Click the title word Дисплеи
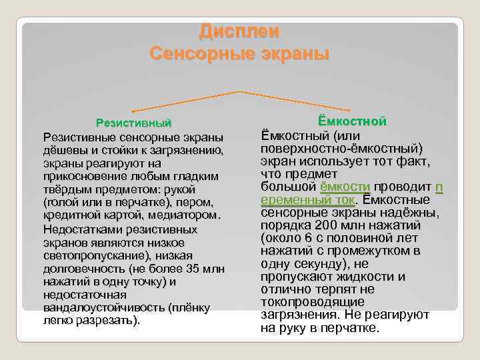click(x=239, y=31)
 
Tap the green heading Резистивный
click(x=134, y=123)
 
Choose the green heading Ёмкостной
click(x=353, y=121)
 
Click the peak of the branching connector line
click(x=239, y=91)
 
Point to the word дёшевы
click(x=63, y=150)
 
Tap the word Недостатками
click(x=79, y=229)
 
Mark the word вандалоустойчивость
click(x=103, y=307)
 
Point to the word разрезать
click(x=107, y=320)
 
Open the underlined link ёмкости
click(x=345, y=186)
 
